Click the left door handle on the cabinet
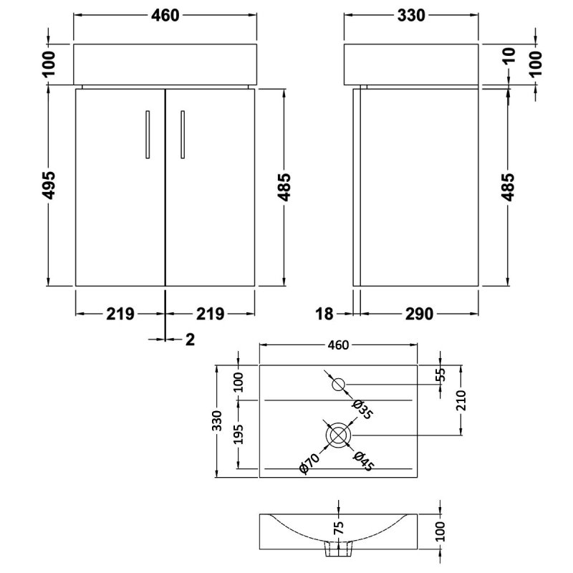148,135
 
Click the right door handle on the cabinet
183,135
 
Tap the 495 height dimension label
48,186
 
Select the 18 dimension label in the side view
324,314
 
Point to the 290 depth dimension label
419,314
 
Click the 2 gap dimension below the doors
190,340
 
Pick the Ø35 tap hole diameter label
362,409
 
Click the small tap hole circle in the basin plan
338,385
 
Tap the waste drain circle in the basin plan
338,435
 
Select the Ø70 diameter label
309,463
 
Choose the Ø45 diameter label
363,461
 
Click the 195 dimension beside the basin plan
239,434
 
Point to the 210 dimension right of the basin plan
461,400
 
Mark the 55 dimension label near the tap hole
440,375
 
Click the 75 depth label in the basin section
339,528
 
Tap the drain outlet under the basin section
339,549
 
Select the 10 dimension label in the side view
509,55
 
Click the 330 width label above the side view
411,15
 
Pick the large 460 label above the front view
165,15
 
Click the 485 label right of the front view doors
284,187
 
